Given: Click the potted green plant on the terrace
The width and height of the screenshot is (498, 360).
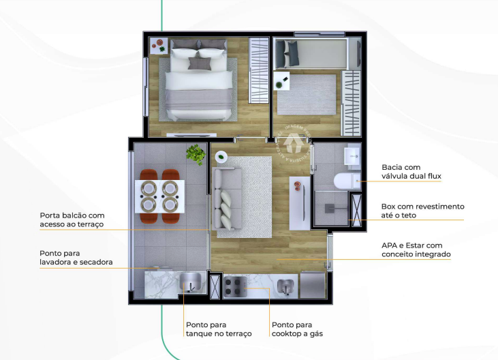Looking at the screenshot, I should click(x=196, y=155).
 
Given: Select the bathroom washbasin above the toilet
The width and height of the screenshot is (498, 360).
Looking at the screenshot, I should click(x=352, y=157).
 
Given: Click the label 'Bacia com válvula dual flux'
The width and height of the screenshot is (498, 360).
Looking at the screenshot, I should click(x=411, y=172).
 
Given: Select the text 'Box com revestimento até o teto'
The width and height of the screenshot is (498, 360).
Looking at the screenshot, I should click(x=422, y=211).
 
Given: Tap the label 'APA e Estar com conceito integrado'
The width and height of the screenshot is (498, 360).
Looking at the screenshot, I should click(x=416, y=250).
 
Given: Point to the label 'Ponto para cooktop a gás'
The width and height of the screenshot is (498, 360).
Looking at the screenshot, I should click(x=297, y=329).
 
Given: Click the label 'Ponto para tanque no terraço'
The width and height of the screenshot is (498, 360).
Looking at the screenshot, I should click(x=218, y=329).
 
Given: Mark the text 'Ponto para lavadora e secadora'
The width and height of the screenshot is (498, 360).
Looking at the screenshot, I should click(x=76, y=257).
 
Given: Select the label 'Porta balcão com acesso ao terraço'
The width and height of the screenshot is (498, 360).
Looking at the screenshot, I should click(x=72, y=220).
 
